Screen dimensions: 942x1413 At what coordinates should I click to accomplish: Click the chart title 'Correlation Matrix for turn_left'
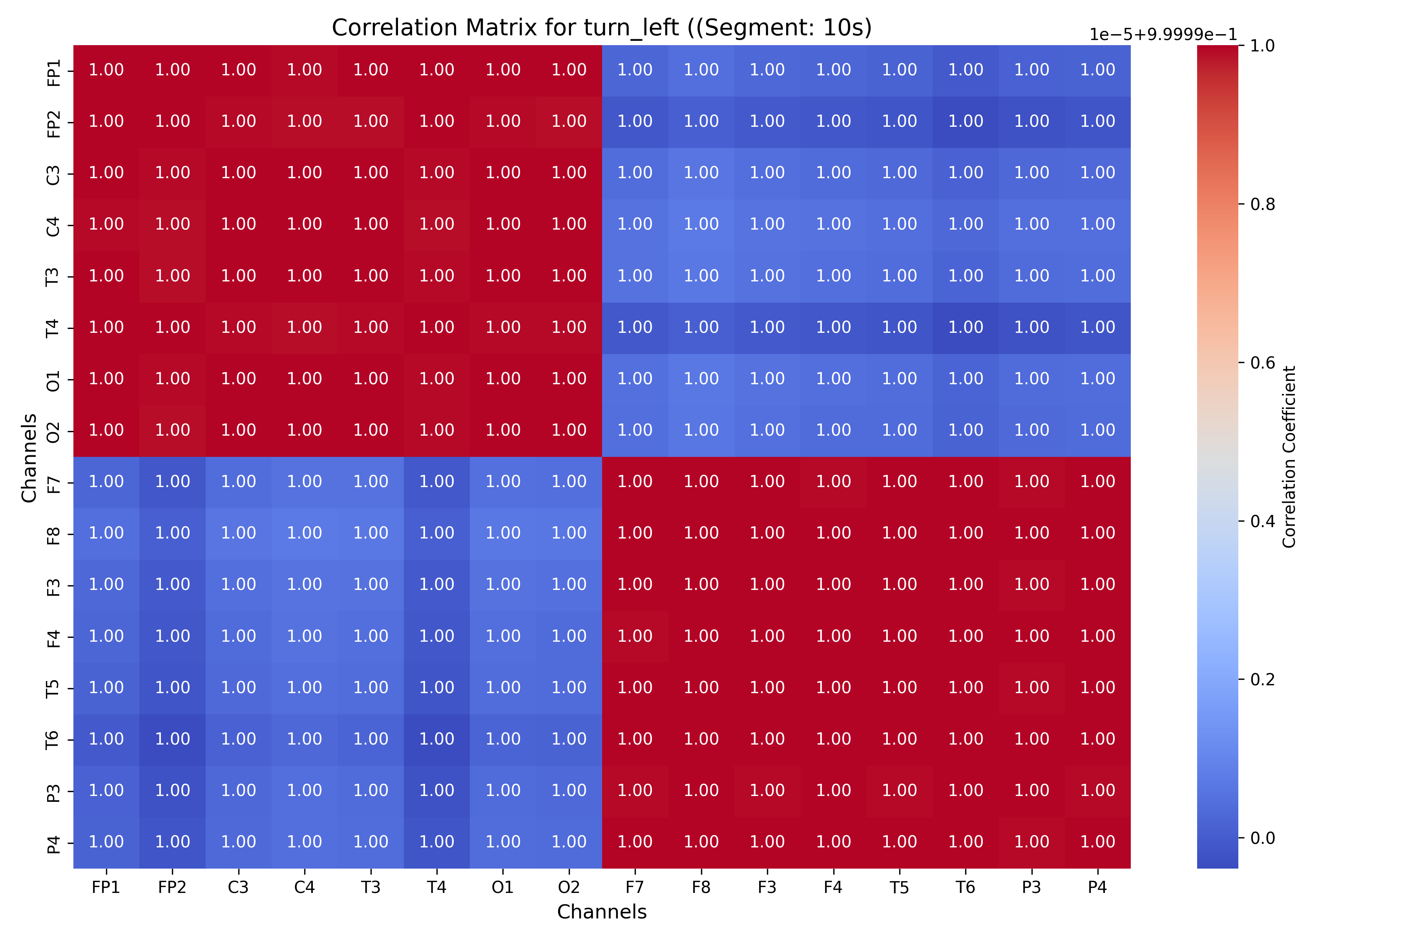click(601, 27)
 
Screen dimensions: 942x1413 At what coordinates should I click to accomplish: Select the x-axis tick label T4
click(437, 887)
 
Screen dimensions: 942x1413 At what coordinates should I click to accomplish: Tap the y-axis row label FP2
click(53, 122)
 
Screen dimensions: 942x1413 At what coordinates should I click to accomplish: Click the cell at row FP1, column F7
click(635, 70)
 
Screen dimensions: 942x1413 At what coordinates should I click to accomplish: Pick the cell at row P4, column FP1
click(106, 842)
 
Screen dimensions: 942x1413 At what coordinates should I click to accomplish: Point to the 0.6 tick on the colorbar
click(1262, 363)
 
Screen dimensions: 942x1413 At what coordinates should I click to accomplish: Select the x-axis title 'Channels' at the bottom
click(601, 912)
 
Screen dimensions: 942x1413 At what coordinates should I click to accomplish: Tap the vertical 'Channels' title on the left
click(29, 457)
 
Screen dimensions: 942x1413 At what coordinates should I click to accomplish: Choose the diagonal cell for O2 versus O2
click(569, 431)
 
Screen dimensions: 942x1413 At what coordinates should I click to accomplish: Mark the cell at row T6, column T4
click(437, 739)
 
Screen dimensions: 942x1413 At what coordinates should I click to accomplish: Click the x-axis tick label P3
click(1031, 887)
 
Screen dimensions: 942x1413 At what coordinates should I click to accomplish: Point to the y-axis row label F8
click(53, 534)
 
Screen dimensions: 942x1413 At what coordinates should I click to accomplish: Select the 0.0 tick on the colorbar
click(1262, 838)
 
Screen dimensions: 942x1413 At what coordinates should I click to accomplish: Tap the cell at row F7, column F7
click(635, 482)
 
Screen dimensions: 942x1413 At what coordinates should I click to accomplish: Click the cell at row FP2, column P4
click(1097, 122)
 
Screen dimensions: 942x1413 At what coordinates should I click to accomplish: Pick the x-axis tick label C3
click(239, 887)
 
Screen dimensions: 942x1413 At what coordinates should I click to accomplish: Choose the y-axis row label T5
click(53, 688)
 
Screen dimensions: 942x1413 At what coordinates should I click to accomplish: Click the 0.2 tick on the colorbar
click(1262, 679)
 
